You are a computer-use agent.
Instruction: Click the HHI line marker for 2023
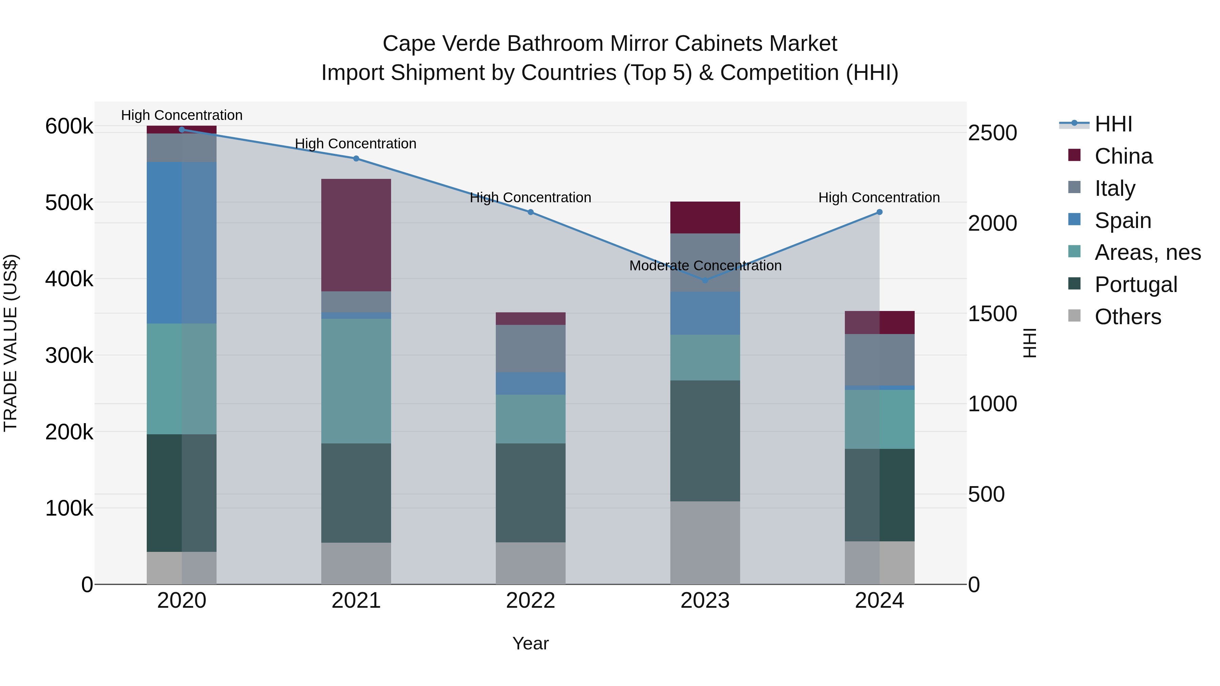705,280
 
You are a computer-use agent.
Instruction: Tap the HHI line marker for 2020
182,129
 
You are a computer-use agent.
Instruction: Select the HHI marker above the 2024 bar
879,212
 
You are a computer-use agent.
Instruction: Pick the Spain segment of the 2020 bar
182,243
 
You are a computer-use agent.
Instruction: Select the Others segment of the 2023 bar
705,543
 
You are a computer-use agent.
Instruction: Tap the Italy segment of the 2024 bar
879,360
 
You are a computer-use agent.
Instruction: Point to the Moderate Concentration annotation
705,266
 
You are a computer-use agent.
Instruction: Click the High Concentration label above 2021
356,143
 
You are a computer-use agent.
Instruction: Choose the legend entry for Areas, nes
1147,252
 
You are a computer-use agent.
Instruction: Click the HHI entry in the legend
1113,124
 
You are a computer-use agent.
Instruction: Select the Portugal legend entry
1135,285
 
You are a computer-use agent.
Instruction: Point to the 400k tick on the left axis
69,279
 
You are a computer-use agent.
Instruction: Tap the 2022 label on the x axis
530,601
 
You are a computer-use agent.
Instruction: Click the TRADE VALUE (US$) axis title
11,343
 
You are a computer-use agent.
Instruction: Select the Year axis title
530,643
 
